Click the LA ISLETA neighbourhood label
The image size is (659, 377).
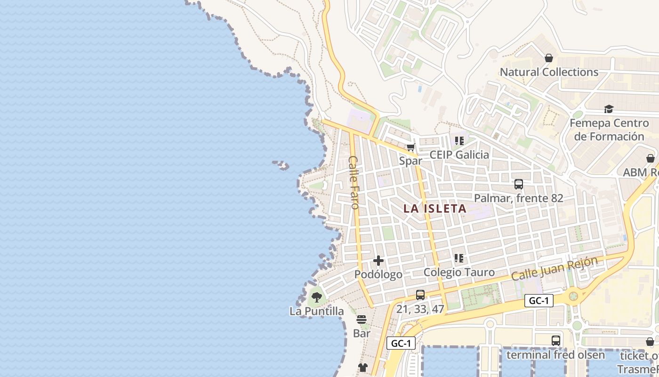tap(434, 208)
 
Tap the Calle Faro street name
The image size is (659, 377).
tap(354, 182)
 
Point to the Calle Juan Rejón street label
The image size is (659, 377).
tap(554, 269)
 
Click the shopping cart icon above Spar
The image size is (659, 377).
tap(411, 148)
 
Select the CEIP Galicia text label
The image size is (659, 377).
tap(459, 155)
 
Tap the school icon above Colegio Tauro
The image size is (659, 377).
tap(459, 258)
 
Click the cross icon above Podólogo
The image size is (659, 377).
tap(378, 261)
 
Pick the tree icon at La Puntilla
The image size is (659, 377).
tap(316, 297)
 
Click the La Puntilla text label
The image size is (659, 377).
tap(316, 311)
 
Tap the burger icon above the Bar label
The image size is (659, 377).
tap(362, 320)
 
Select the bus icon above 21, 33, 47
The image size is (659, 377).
tap(420, 295)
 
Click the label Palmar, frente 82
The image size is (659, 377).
tap(518, 198)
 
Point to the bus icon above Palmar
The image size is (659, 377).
tap(518, 184)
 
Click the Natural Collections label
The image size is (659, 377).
tap(549, 72)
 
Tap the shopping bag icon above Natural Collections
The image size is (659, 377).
tap(548, 58)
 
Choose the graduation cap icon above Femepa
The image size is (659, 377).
tap(609, 109)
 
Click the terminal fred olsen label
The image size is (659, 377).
tap(555, 354)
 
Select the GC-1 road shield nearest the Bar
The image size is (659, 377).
tap(401, 344)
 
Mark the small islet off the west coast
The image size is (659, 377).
tap(281, 165)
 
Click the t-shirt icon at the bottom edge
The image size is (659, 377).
tap(362, 368)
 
